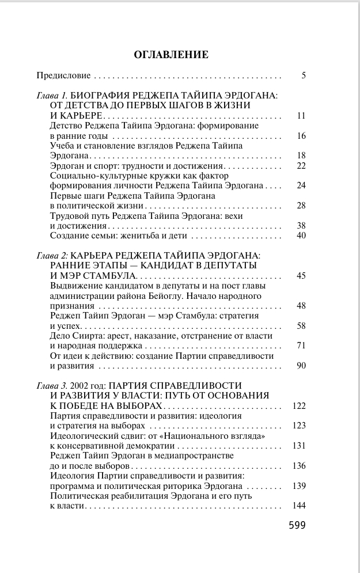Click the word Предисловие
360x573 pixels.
click(63, 75)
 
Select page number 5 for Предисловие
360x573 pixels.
click(303, 75)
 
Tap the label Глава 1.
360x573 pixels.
click(52, 95)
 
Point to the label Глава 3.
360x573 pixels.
click(52, 385)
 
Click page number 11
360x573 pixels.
click(301, 116)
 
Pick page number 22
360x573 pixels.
click(301, 165)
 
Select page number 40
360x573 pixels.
click(301, 236)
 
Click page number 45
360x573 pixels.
click(301, 276)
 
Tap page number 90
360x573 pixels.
click(301, 366)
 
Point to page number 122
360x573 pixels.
click(298, 406)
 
